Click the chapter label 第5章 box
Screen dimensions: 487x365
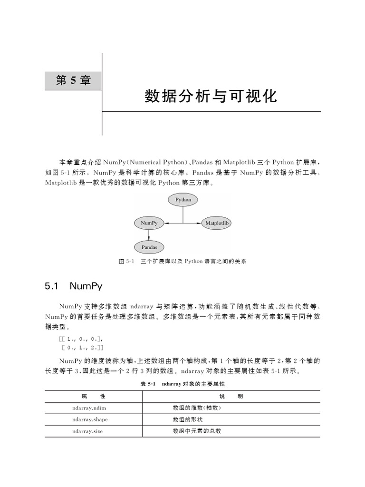pos(73,80)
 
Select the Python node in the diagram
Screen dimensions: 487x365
pos(183,200)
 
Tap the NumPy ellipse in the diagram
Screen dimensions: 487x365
pos(149,223)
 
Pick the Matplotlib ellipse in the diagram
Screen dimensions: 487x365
pos(217,223)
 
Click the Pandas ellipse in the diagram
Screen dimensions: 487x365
pos(149,247)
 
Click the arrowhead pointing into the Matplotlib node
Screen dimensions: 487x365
pos(198,223)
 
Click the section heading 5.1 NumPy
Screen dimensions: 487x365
pos(73,286)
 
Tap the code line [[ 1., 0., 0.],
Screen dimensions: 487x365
pos(80,339)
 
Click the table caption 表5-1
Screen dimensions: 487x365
pos(182,383)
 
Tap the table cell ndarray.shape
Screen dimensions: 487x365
pos(90,419)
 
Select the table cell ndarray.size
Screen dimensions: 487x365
pos(88,431)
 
